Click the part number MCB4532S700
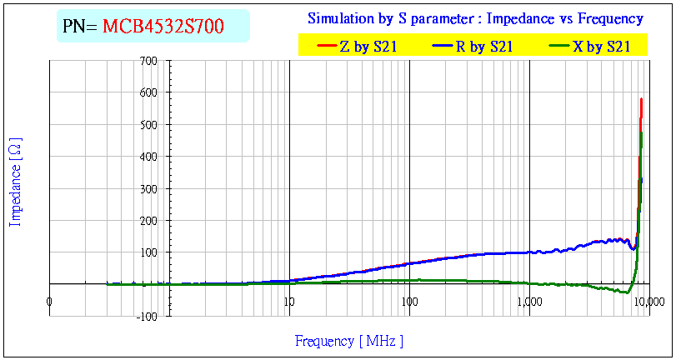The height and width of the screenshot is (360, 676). click(163, 27)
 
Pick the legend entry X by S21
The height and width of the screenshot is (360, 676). click(601, 47)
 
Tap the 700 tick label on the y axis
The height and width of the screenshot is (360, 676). click(148, 61)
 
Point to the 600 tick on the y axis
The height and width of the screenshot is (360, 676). click(148, 92)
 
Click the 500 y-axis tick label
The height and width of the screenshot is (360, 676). click(148, 124)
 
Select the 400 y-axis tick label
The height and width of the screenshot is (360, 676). click(148, 157)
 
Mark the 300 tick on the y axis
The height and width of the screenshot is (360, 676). click(148, 188)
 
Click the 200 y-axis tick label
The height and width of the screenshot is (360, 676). click(148, 220)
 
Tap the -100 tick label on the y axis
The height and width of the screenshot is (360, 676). click(147, 316)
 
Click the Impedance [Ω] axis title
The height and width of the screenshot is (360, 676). click(15, 183)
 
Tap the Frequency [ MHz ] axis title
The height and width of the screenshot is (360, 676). click(348, 341)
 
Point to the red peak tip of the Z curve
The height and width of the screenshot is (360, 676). click(641, 99)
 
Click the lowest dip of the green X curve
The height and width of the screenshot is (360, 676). click(627, 292)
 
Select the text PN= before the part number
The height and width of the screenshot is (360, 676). click(80, 27)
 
